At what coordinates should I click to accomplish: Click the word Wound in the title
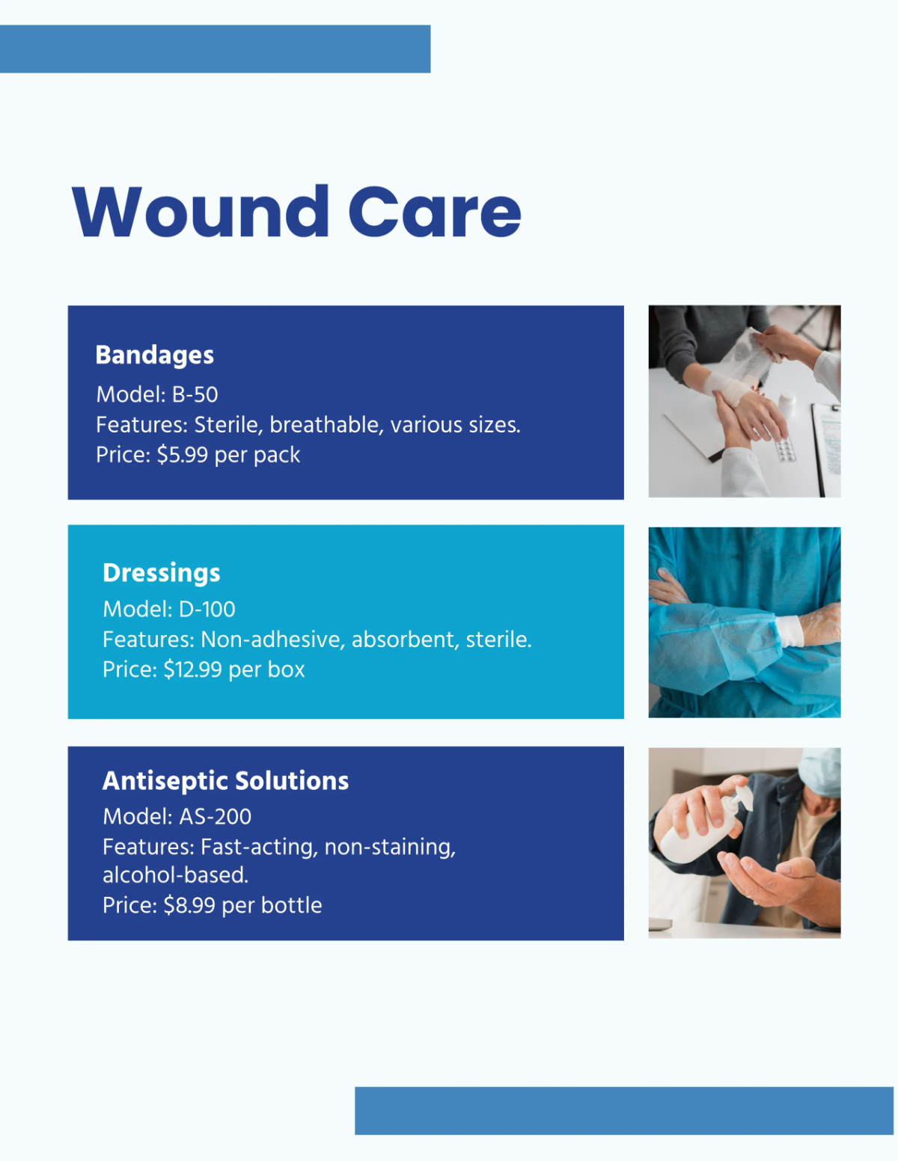tap(201, 212)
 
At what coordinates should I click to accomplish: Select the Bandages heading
tap(154, 355)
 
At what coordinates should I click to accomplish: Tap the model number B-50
tap(195, 394)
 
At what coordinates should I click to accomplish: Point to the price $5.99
tap(182, 455)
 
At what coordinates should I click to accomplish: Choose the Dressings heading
tap(161, 572)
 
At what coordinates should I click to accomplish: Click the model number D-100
tap(207, 609)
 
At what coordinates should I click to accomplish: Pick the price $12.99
tap(193, 670)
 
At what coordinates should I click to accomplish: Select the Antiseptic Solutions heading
tap(225, 780)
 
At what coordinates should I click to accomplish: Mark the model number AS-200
tap(215, 816)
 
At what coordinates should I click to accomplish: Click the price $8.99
tap(189, 905)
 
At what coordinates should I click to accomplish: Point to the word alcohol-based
tap(175, 875)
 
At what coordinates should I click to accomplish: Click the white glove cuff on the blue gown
tap(789, 631)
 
